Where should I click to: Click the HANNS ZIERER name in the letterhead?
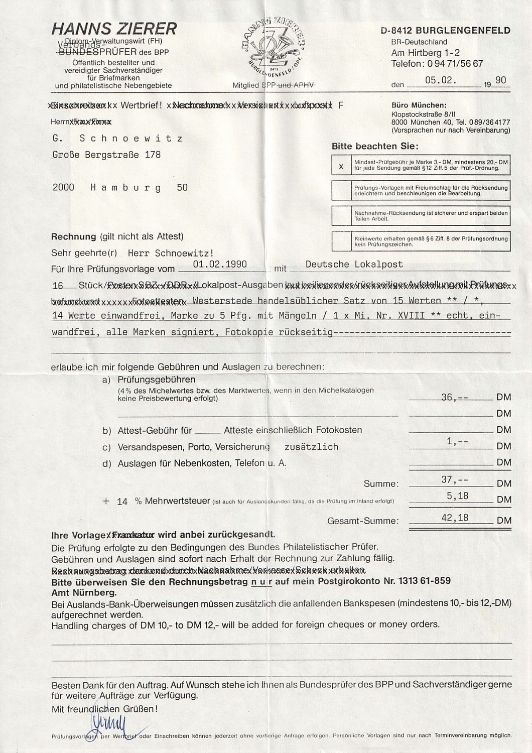[114, 29]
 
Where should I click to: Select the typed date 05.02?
[441, 80]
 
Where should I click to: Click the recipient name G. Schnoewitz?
[118, 139]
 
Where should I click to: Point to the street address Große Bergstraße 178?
[107, 155]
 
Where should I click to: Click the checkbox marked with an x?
[341, 166]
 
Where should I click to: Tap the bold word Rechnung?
[73, 236]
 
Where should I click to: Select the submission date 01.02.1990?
[220, 264]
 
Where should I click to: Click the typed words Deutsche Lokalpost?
[354, 265]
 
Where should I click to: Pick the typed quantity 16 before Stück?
[58, 286]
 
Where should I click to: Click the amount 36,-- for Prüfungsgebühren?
[454, 397]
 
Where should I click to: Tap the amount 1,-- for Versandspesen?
[457, 441]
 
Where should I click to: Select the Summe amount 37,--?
[454, 480]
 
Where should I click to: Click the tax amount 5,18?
[454, 496]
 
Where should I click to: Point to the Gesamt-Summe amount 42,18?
[454, 518]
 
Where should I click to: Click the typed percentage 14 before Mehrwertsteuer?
[122, 501]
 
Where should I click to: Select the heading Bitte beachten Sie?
[374, 147]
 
